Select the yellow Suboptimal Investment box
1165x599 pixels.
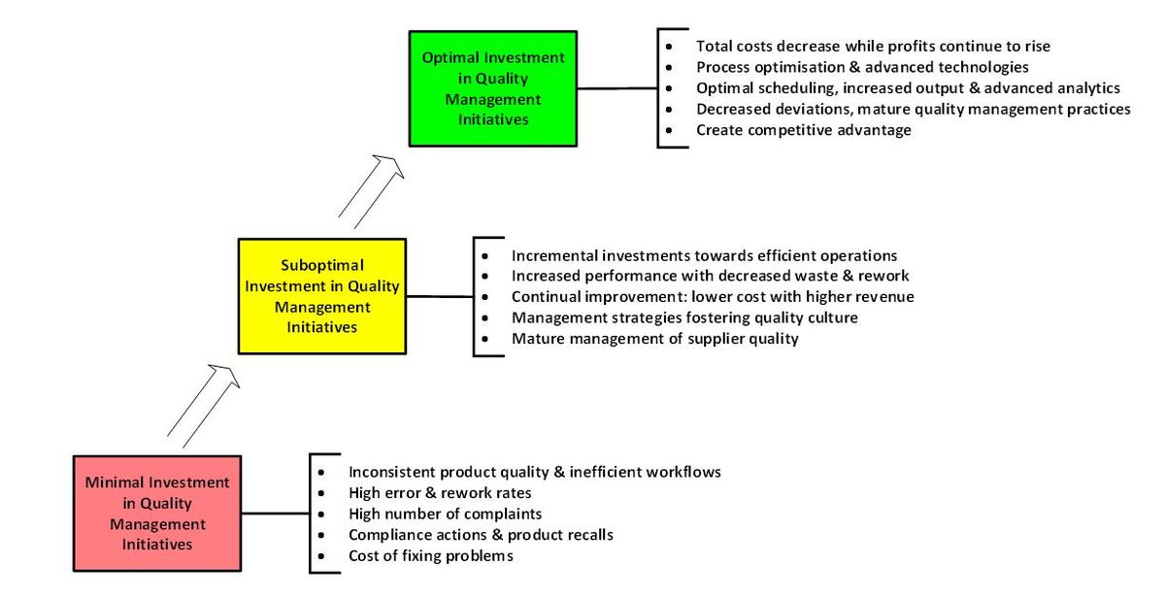[x=321, y=295]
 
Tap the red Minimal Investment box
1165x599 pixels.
[x=157, y=513]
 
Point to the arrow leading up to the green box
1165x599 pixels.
[x=372, y=190]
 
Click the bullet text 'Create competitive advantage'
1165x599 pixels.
[x=803, y=130]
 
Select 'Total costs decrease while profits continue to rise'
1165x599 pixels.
[x=873, y=46]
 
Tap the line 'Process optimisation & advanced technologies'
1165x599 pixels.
[x=862, y=67]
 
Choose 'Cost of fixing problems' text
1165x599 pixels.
[x=430, y=556]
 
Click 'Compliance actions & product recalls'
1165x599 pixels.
[x=481, y=535]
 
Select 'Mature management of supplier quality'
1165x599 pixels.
[x=655, y=339]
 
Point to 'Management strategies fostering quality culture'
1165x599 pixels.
[x=684, y=317]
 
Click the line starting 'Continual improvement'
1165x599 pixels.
[x=713, y=296]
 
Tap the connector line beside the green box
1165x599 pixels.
[x=616, y=88]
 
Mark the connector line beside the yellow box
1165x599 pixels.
[x=439, y=296]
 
